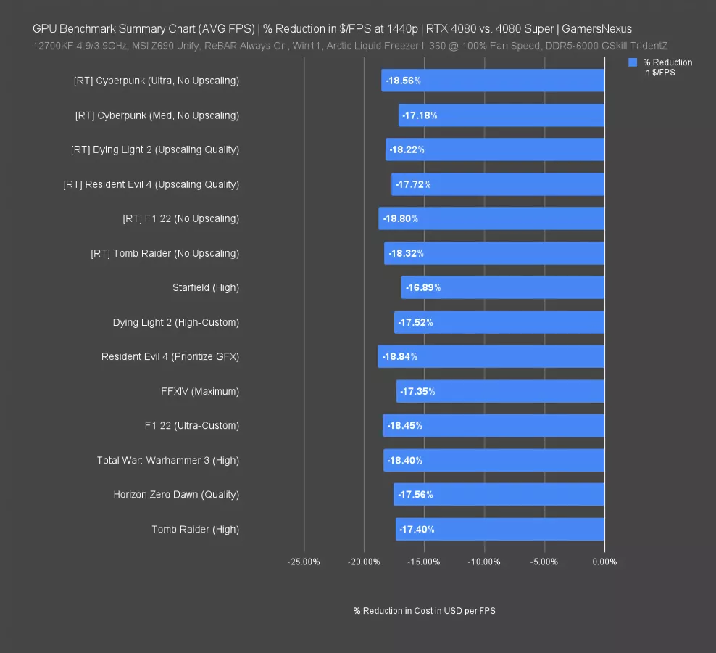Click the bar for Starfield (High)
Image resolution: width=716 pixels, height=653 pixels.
[x=503, y=287]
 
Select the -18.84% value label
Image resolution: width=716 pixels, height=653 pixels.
[x=401, y=356]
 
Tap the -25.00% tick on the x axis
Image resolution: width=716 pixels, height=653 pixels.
[x=304, y=562]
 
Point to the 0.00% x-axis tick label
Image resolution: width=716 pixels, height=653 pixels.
[x=604, y=562]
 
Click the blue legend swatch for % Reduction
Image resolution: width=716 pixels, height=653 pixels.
[x=633, y=63]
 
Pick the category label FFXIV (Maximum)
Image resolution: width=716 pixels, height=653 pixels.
[x=200, y=391]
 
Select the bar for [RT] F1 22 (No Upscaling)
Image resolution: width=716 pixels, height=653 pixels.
[x=491, y=218]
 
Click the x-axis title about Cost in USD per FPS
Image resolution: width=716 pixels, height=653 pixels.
[x=424, y=611]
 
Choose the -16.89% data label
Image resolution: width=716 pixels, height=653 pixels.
[x=423, y=287]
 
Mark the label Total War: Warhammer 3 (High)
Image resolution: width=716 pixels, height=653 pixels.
[x=168, y=460]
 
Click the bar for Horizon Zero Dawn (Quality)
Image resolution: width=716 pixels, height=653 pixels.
[x=499, y=494]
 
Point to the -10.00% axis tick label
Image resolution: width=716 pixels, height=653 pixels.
[x=483, y=562]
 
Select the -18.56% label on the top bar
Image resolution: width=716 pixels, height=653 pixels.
[x=404, y=81]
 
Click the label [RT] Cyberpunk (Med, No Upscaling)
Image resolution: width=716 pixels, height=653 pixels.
[x=157, y=115]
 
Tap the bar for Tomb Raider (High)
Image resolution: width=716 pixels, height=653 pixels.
[x=500, y=529]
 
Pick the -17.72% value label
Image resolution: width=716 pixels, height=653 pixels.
[x=413, y=184]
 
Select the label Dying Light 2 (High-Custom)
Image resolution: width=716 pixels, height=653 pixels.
[x=176, y=322]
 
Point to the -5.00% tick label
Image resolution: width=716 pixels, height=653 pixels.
[x=544, y=562]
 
